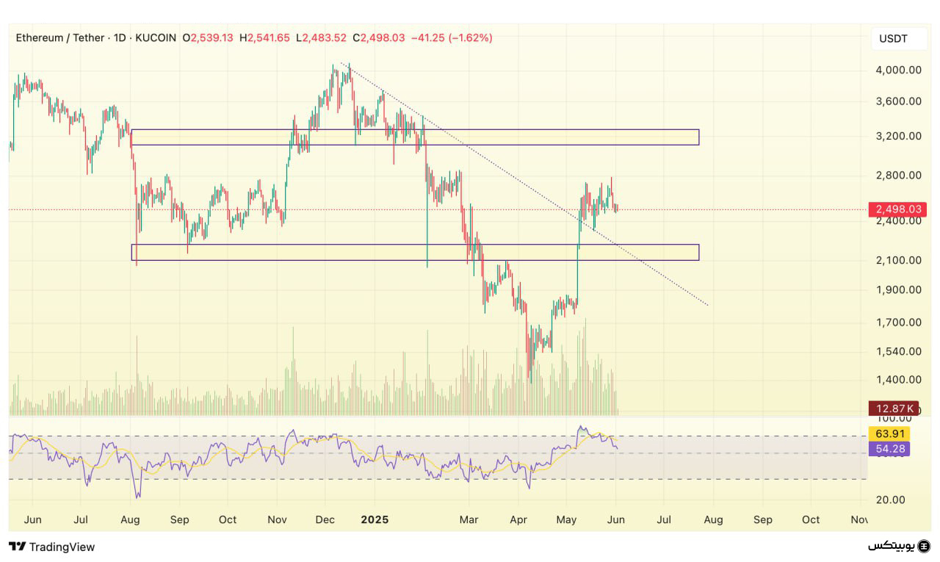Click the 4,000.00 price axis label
click(x=898, y=71)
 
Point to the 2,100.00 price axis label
click(x=898, y=260)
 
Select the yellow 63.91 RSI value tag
click(x=889, y=433)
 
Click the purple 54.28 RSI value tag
click(x=889, y=448)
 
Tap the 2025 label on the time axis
click(x=375, y=519)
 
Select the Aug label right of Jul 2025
click(x=713, y=519)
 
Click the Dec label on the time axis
click(x=325, y=519)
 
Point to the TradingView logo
click(x=52, y=547)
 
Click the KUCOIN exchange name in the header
click(x=156, y=37)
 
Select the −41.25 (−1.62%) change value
click(x=452, y=37)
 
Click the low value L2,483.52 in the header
click(x=322, y=37)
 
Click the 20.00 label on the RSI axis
click(x=892, y=500)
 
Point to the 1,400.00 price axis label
click(x=898, y=380)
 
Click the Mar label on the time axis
click(x=469, y=519)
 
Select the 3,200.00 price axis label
click(x=898, y=137)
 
